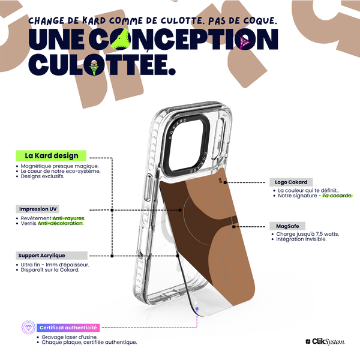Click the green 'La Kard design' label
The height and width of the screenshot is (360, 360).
coord(51,155)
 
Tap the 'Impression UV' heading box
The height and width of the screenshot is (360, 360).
coord(38,209)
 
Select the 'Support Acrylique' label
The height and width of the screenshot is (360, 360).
coord(52,256)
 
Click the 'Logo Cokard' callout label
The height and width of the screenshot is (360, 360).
coord(291,182)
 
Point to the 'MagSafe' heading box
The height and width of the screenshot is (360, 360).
coord(287,226)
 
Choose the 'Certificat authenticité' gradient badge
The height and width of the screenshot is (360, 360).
coord(68,328)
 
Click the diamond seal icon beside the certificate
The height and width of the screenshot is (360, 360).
coord(28,328)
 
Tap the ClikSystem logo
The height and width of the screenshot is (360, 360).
coord(325,341)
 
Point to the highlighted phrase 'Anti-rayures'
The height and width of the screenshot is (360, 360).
coord(68,218)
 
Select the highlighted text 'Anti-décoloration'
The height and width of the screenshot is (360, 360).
coord(61,223)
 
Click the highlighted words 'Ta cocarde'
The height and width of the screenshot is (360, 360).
coord(337,196)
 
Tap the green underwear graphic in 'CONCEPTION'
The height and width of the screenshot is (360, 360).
coord(121,39)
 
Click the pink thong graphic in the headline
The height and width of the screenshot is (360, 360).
coord(245,42)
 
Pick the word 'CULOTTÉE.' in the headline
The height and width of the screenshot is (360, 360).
coord(102,65)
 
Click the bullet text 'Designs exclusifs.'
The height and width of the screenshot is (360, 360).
coord(43,176)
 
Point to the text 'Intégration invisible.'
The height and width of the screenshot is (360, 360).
coord(301,239)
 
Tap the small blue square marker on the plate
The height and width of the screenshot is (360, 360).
coord(197,309)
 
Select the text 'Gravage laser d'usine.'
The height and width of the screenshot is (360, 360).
coord(70,337)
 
